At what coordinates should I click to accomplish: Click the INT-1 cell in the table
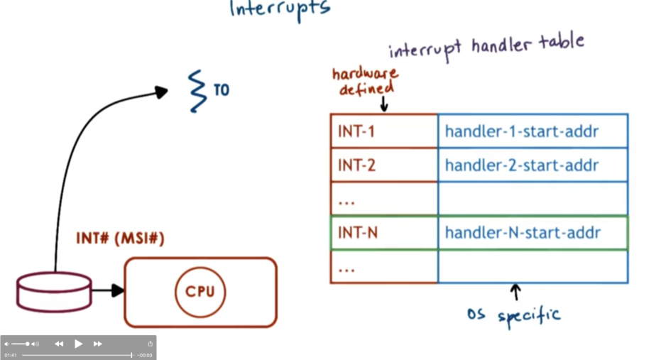[383, 131]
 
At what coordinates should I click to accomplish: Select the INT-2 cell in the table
[383, 165]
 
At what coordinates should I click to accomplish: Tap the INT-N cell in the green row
[383, 233]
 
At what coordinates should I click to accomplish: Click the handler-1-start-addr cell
[532, 131]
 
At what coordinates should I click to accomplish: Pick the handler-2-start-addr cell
[532, 165]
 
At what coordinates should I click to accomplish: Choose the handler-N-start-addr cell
[532, 233]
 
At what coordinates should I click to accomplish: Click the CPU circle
[200, 292]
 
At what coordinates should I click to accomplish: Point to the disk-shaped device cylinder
[54, 291]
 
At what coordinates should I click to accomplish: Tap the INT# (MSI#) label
[120, 239]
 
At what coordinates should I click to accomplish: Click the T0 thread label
[221, 90]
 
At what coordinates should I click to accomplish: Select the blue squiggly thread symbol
[196, 90]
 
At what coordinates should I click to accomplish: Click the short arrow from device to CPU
[108, 290]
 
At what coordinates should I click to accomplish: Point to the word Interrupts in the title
[280, 9]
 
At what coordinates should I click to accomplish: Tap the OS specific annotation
[513, 314]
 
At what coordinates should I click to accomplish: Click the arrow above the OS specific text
[515, 291]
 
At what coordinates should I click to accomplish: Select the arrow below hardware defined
[383, 104]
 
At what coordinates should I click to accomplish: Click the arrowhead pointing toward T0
[162, 91]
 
